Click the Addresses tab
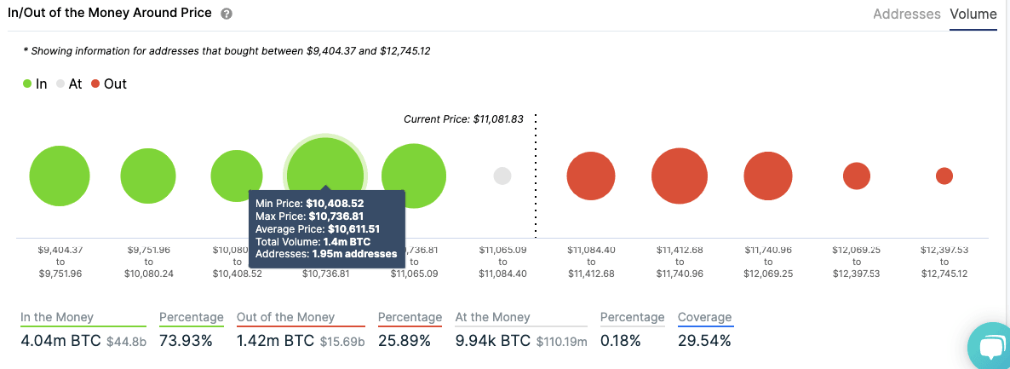click(906, 14)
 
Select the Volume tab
click(973, 14)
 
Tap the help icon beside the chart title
click(226, 14)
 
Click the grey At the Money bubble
click(502, 176)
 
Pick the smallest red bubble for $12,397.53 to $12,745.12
click(944, 176)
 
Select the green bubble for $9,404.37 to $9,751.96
click(60, 176)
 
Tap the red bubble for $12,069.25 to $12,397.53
click(856, 176)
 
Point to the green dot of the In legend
click(28, 84)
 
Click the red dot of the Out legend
click(95, 84)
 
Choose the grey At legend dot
click(60, 84)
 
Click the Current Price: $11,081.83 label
click(463, 119)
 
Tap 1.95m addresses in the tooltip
click(354, 254)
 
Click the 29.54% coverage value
click(704, 341)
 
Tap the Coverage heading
click(704, 317)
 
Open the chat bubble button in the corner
click(991, 348)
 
